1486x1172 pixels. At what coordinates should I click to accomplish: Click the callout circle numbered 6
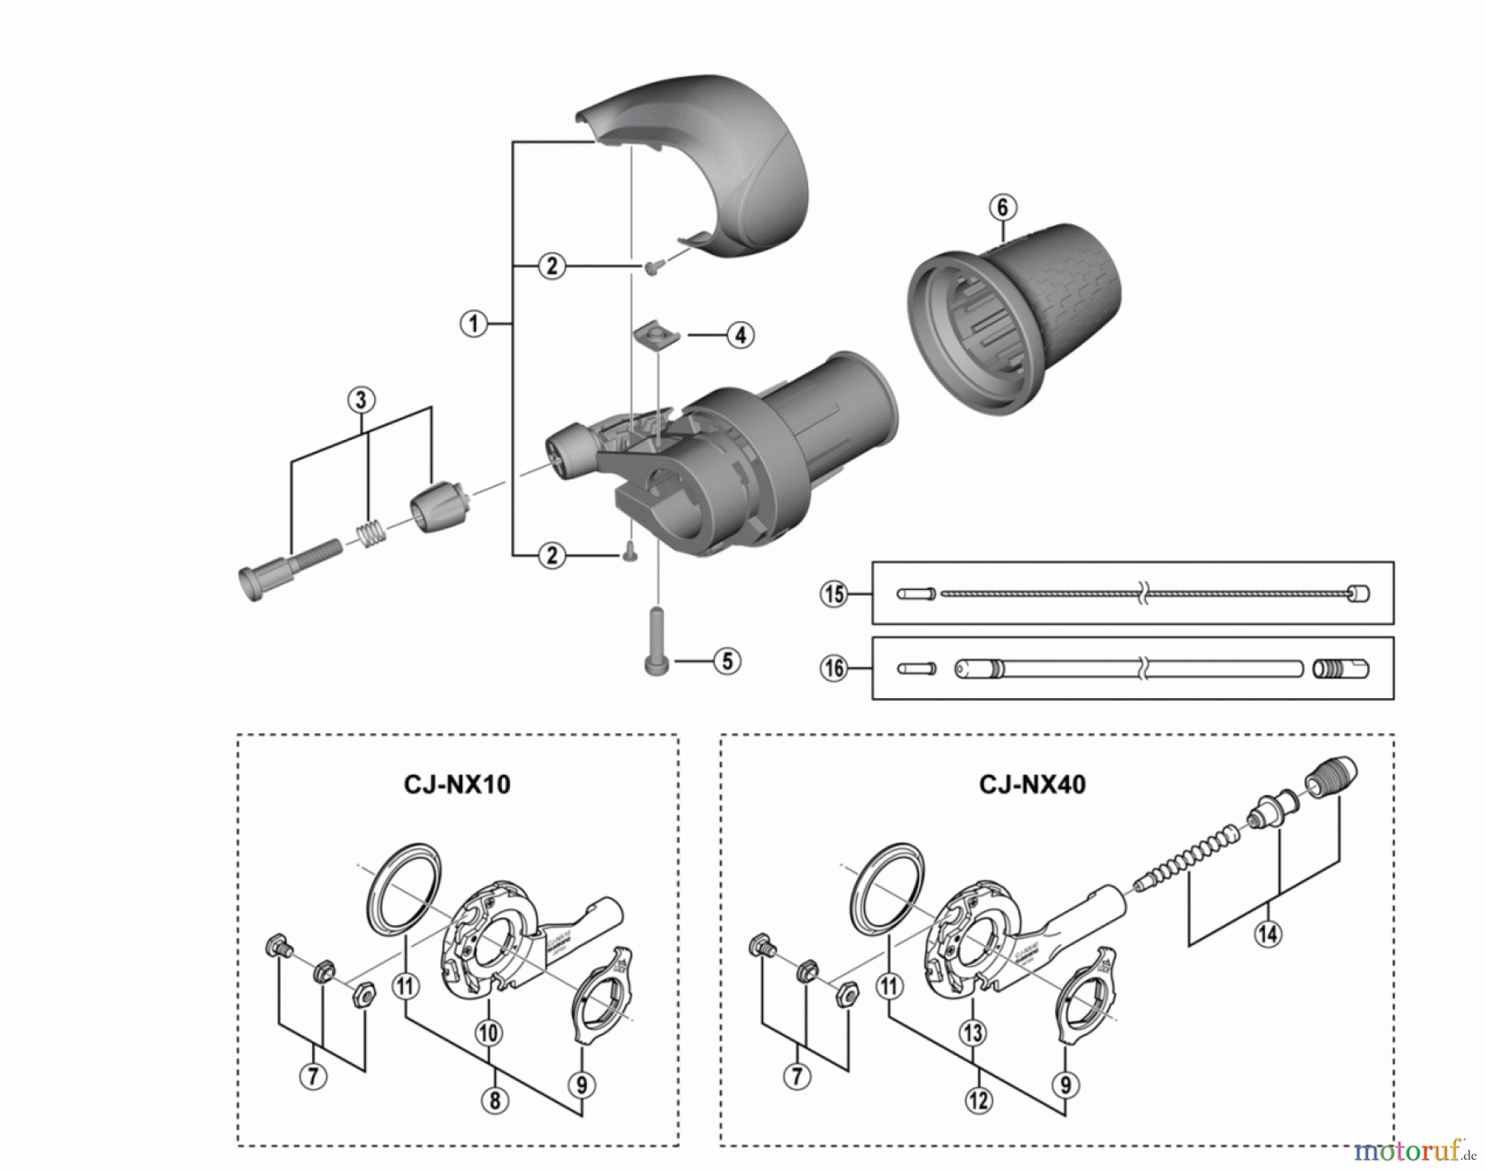coord(1002,207)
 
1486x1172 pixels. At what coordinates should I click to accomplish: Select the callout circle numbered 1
coord(473,323)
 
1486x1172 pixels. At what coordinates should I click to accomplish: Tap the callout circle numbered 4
coord(740,335)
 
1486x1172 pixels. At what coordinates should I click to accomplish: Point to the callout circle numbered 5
coord(726,661)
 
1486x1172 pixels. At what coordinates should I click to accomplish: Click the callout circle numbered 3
coord(361,400)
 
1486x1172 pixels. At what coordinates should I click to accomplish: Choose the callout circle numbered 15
coord(834,593)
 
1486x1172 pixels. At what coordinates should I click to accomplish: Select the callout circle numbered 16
coord(834,668)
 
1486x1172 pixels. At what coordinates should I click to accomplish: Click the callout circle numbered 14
coord(1268,933)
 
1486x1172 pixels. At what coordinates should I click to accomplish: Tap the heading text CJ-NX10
coord(457,783)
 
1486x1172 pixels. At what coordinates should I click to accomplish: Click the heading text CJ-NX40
coord(1032,783)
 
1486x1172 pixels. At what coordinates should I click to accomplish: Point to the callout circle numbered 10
coord(489,1033)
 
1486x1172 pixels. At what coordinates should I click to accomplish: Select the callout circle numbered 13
coord(973,1032)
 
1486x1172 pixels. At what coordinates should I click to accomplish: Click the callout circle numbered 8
coord(495,1100)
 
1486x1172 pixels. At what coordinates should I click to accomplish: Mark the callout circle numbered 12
coord(978,1100)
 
